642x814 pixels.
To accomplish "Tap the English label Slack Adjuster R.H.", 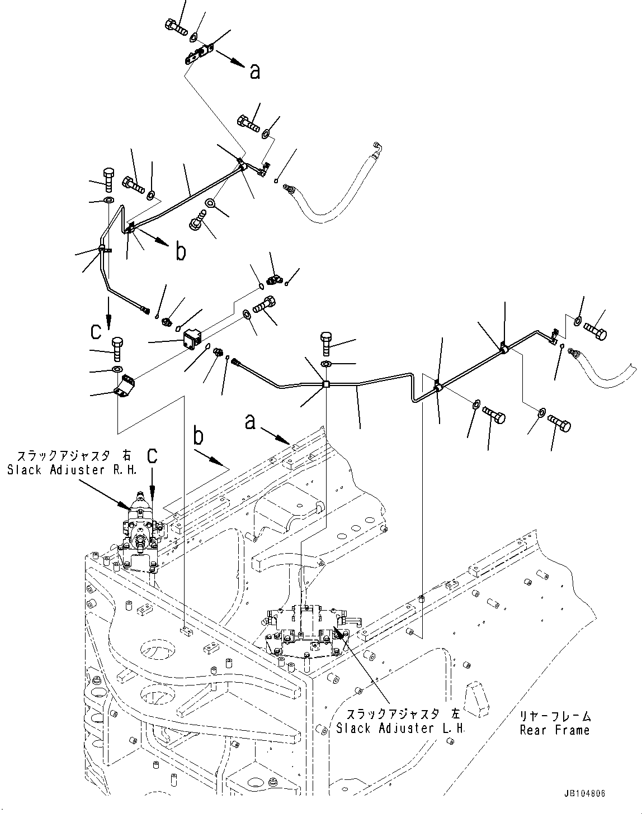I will coord(72,470).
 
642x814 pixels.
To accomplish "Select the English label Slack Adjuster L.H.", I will coord(401,729).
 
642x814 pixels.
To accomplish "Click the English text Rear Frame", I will coord(554,730).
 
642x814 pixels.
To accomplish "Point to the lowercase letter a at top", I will coord(254,72).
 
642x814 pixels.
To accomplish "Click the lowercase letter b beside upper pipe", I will coord(181,252).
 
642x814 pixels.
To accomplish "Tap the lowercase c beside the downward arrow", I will coord(96,332).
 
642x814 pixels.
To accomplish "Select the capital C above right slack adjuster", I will coord(152,455).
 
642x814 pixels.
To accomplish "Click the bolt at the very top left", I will coord(175,25).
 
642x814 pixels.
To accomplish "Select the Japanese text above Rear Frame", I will coord(554,716).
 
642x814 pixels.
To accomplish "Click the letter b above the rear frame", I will coord(199,436).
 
